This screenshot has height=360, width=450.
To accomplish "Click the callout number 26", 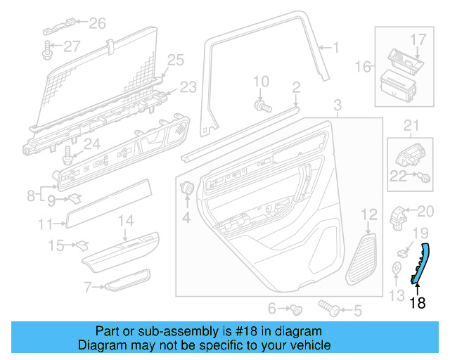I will click(97, 24).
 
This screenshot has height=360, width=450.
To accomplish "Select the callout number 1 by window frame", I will click(335, 48).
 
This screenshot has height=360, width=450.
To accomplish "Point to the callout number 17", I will click(418, 39).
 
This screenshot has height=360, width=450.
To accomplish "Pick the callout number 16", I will click(363, 67).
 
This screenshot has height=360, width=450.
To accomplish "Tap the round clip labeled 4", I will click(188, 188).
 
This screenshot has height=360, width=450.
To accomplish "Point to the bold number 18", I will click(418, 303).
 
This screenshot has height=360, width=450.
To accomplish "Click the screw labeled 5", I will click(328, 307).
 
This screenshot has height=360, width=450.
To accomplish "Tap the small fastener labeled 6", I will click(297, 308).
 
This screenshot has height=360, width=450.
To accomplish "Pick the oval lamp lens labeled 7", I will click(127, 281).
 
